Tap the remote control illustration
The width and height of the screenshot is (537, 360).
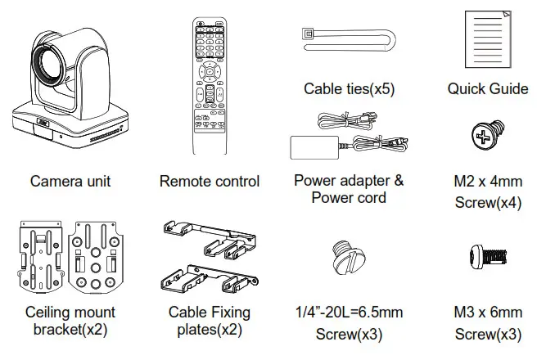click(209, 85)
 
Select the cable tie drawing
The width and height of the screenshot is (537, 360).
click(348, 38)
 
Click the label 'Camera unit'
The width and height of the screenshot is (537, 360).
click(70, 181)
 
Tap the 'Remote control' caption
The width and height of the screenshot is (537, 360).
click(209, 181)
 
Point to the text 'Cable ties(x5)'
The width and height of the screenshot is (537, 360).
click(349, 88)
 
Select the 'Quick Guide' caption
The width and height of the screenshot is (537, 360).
click(487, 88)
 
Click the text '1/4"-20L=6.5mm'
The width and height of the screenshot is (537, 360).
click(348, 313)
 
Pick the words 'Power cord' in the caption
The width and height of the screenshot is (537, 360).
click(349, 198)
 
